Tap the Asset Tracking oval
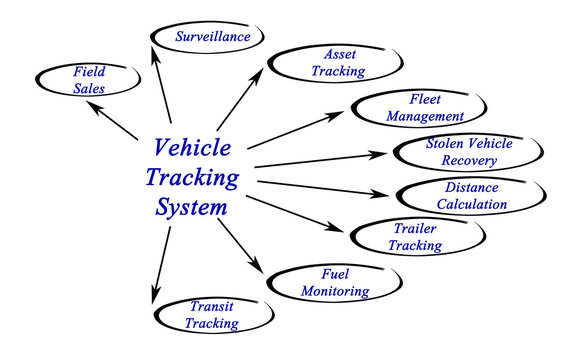pyautogui.click(x=321, y=62)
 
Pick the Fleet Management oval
pyautogui.click(x=410, y=108)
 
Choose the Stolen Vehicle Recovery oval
pyautogui.click(x=468, y=150)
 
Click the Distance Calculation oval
pyautogui.click(x=470, y=195)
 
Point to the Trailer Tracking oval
pyautogui.click(x=414, y=236)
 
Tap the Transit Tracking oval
pyautogui.click(x=212, y=315)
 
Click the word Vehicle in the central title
pyautogui.click(x=192, y=147)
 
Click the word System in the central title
pyautogui.click(x=192, y=208)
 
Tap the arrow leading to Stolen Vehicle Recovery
pyautogui.click(x=320, y=162)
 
